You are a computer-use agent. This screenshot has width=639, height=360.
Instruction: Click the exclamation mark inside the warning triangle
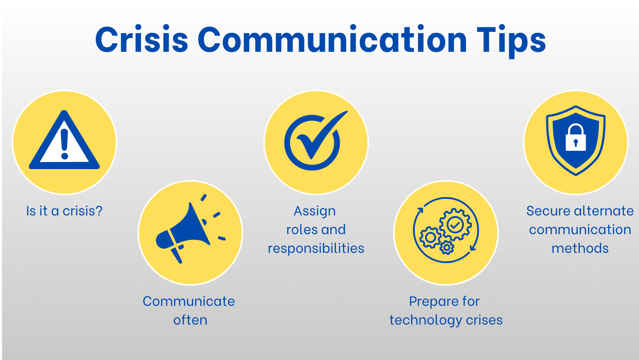point(64,144)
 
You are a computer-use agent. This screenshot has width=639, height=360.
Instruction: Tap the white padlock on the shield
point(575,138)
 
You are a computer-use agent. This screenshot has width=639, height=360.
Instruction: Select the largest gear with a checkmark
point(455,224)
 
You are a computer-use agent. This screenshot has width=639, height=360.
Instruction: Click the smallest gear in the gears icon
point(447,248)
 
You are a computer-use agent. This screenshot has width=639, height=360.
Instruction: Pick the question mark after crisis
point(99,211)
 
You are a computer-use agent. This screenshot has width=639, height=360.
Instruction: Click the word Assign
point(315,212)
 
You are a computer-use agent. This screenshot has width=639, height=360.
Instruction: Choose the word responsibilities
point(316,249)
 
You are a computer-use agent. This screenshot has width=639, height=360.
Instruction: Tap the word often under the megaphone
point(190,320)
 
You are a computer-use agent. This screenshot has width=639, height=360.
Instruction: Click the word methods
point(580,248)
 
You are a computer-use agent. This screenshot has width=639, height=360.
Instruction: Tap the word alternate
point(604,211)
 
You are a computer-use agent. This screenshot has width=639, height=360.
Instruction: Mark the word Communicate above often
point(189,302)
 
